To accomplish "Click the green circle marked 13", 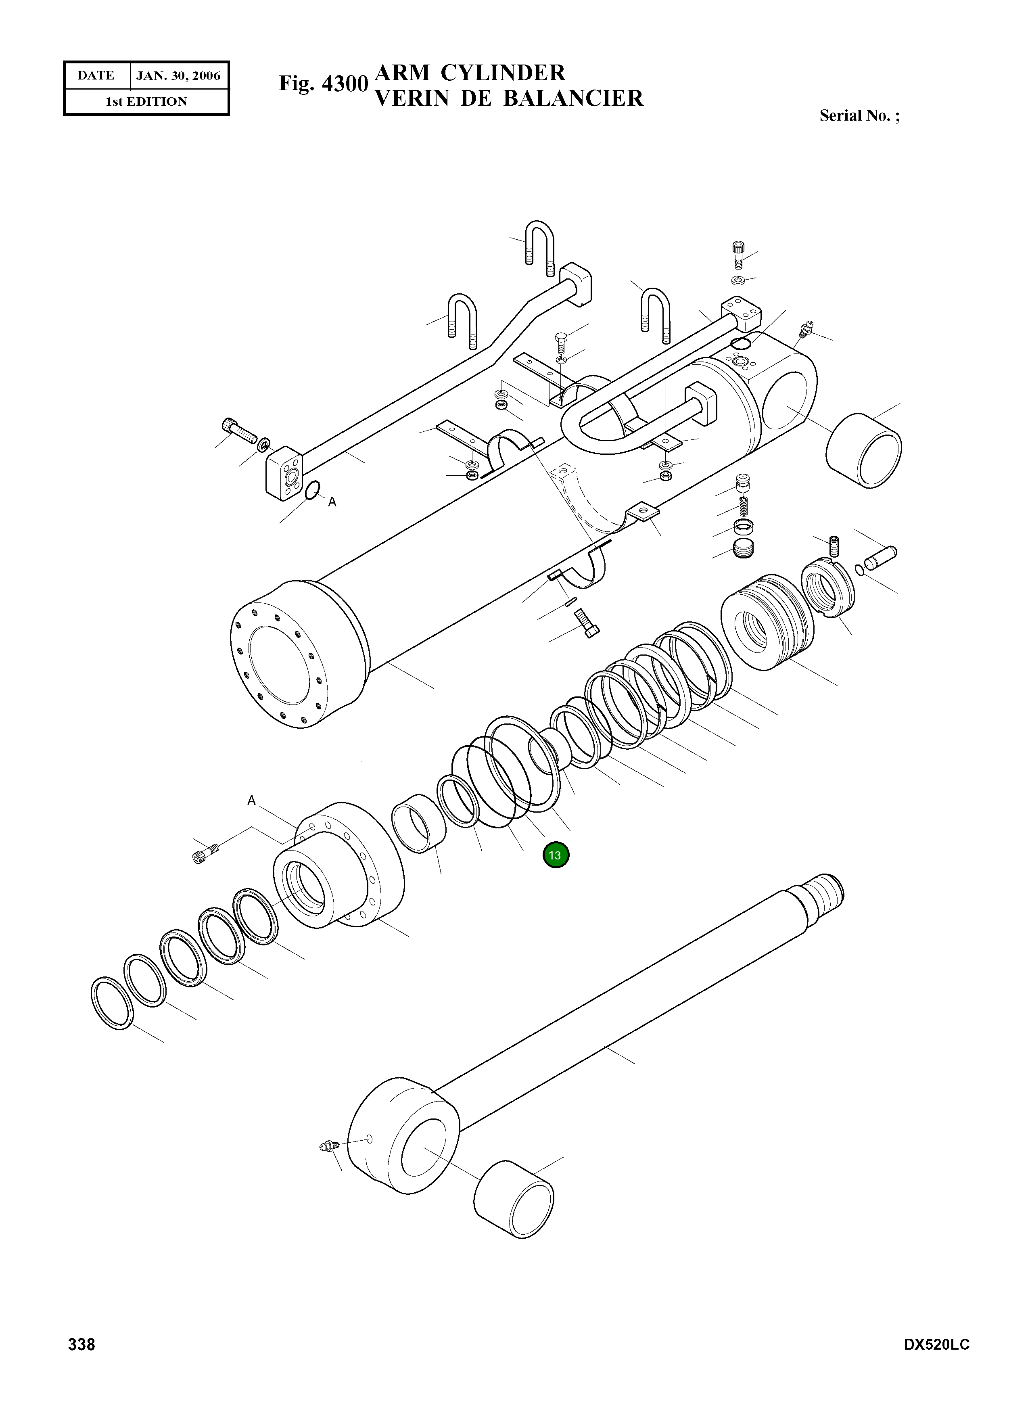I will click(555, 855).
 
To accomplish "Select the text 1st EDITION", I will click(146, 102).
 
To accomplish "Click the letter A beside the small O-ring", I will click(332, 502).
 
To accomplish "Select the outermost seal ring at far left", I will click(112, 1004).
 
